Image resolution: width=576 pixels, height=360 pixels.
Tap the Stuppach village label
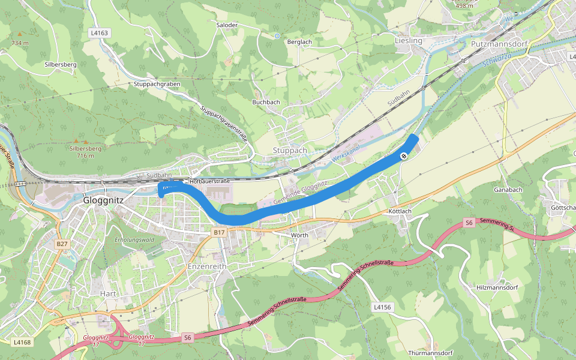click(289, 150)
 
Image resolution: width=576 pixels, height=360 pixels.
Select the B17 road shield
click(219, 232)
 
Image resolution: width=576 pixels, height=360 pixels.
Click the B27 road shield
click(62, 244)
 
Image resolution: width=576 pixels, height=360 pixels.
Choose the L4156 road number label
click(382, 307)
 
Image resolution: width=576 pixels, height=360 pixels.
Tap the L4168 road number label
click(22, 342)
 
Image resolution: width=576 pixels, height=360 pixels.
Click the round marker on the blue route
click(404, 156)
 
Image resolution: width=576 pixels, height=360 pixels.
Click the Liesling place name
click(409, 41)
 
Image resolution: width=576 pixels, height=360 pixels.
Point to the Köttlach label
click(400, 212)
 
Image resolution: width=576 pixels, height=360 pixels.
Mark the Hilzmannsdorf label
click(496, 287)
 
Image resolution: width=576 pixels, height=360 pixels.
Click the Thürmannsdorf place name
click(430, 353)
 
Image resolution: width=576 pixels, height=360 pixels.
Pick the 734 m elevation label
click(20, 43)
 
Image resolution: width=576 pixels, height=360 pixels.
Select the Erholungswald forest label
click(135, 240)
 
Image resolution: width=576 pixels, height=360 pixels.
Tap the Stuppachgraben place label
click(157, 84)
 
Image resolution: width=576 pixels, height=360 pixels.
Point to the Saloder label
click(227, 25)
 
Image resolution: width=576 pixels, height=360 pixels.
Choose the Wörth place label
click(299, 235)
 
